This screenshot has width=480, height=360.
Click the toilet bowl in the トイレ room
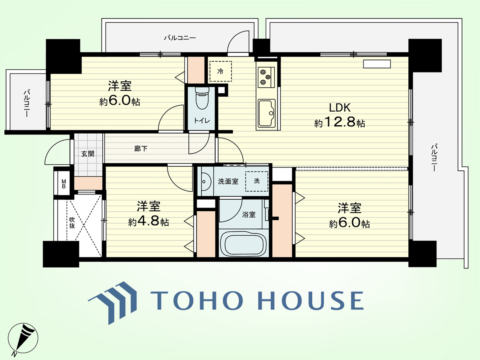point(202,98)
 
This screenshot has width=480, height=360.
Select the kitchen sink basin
point(267,113)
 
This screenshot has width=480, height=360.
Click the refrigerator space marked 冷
point(220,71)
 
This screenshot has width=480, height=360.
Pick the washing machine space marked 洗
point(257,181)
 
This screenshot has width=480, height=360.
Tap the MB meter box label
point(64,184)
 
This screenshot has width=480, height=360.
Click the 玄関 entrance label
point(88,154)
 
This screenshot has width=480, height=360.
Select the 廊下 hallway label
point(141,149)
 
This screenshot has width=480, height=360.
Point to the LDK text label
point(340,108)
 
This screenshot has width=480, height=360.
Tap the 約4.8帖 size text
point(148,222)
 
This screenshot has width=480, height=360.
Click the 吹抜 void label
point(72,223)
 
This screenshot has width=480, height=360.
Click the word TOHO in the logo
point(196,300)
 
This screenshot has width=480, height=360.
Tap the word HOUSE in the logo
point(311,300)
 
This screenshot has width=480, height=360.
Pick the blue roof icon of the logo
point(112,303)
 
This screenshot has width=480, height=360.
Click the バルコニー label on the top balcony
point(180,38)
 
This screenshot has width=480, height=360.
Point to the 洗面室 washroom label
point(228,182)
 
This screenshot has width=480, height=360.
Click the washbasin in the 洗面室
point(205,182)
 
